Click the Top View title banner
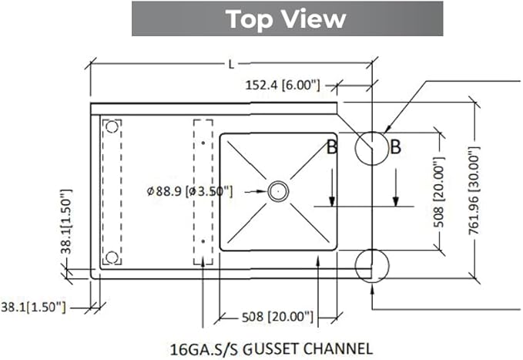click(x=287, y=19)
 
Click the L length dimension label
click(x=231, y=64)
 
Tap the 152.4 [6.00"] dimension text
click(x=283, y=85)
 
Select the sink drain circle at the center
click(x=278, y=191)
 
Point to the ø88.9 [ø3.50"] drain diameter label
click(x=189, y=191)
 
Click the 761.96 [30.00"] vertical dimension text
click(x=474, y=190)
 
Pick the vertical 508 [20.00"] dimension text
click(x=438, y=192)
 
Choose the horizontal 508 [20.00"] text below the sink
click(x=277, y=316)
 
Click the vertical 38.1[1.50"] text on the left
click(x=66, y=221)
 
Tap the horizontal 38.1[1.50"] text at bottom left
click(x=33, y=307)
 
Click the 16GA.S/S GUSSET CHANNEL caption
click(x=271, y=349)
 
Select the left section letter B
click(x=332, y=147)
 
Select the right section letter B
click(x=395, y=147)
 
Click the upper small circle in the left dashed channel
click(x=112, y=127)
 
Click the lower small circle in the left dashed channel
click(x=112, y=257)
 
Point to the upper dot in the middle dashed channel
click(x=203, y=143)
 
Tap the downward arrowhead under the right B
click(x=396, y=201)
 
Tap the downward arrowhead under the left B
click(x=332, y=201)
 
